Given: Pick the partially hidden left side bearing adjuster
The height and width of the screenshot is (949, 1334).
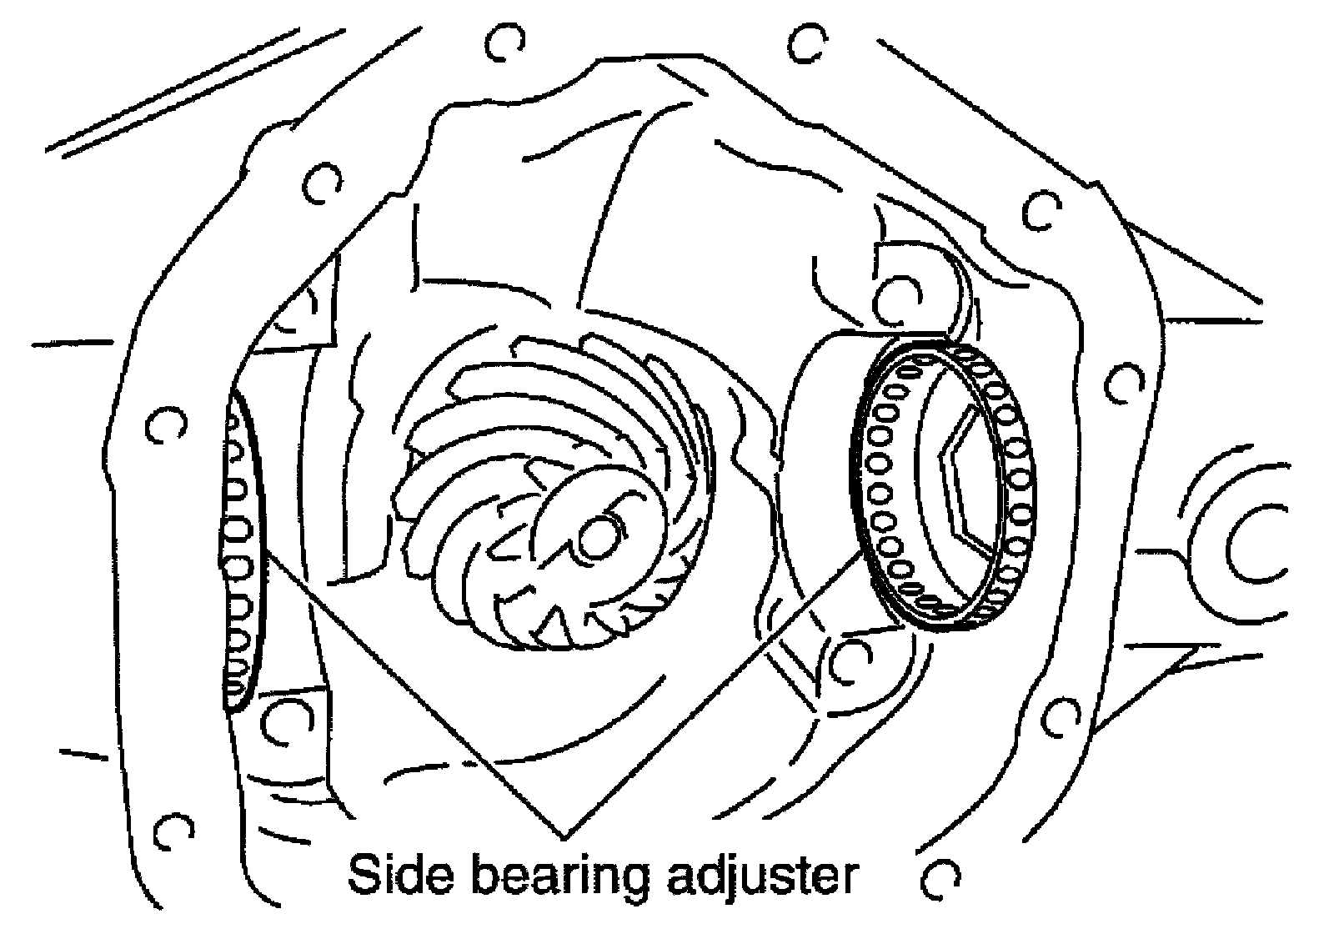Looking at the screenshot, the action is tap(241, 550).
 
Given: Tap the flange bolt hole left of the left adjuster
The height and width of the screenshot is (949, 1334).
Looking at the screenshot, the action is tap(162, 426).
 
